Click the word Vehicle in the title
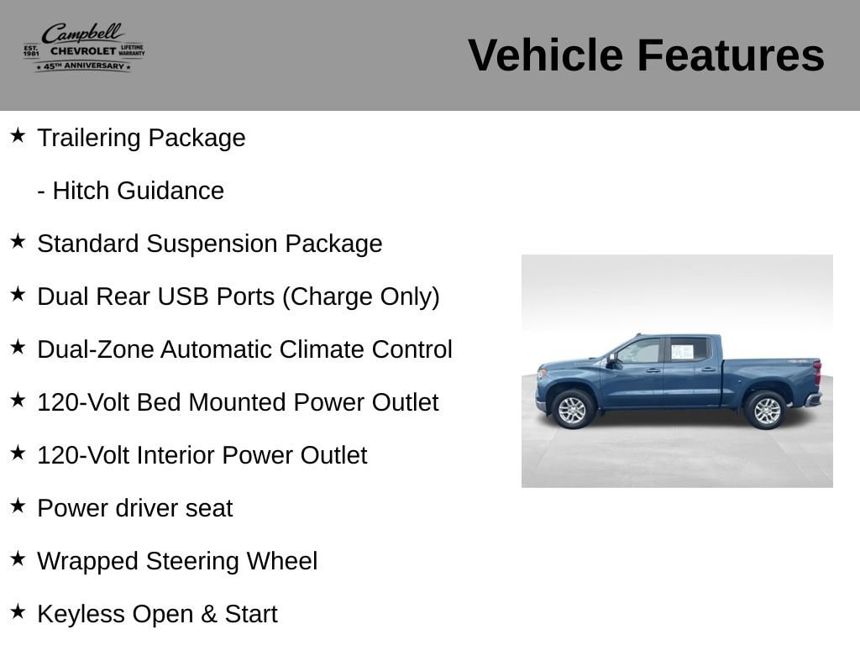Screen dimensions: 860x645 pyautogui.click(x=546, y=55)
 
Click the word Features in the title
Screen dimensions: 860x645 pyautogui.click(x=731, y=55)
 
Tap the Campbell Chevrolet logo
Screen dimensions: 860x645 pyautogui.click(x=84, y=47)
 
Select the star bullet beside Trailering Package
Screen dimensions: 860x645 pyautogui.click(x=18, y=135)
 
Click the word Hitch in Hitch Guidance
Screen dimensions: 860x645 pyautogui.click(x=80, y=191)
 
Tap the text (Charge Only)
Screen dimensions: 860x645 pyautogui.click(x=361, y=296)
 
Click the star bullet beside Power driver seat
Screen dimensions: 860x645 pyautogui.click(x=18, y=506)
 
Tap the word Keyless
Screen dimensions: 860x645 pyautogui.click(x=81, y=614)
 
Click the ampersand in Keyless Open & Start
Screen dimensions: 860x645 pyautogui.click(x=209, y=614)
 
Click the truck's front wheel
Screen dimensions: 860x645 pyautogui.click(x=573, y=410)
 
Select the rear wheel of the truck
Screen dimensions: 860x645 pyautogui.click(x=766, y=410)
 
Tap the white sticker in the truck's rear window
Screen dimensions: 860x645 pyautogui.click(x=682, y=352)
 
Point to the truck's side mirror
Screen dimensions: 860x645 pyautogui.click(x=611, y=359)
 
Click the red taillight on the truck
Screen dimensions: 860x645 pyautogui.click(x=817, y=373)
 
